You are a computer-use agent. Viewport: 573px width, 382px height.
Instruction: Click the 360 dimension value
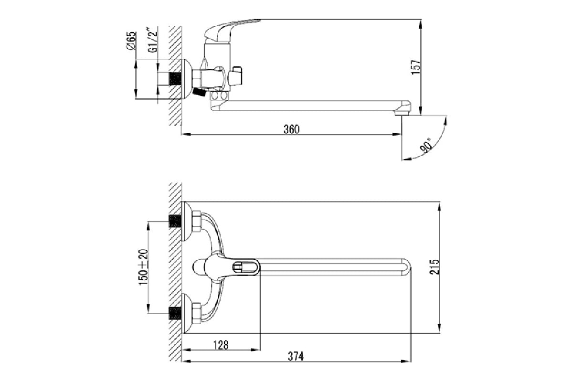coord(291,129)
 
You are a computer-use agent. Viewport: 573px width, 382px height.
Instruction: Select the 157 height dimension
coord(416,67)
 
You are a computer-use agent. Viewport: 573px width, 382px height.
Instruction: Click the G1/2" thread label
coord(152,40)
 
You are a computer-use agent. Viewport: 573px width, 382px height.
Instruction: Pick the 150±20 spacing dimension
coord(143,267)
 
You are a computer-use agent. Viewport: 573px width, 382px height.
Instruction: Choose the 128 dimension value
coord(221,345)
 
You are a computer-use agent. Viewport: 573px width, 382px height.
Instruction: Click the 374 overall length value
coord(296,356)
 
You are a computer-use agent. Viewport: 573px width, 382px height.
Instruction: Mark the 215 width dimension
coord(434,267)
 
